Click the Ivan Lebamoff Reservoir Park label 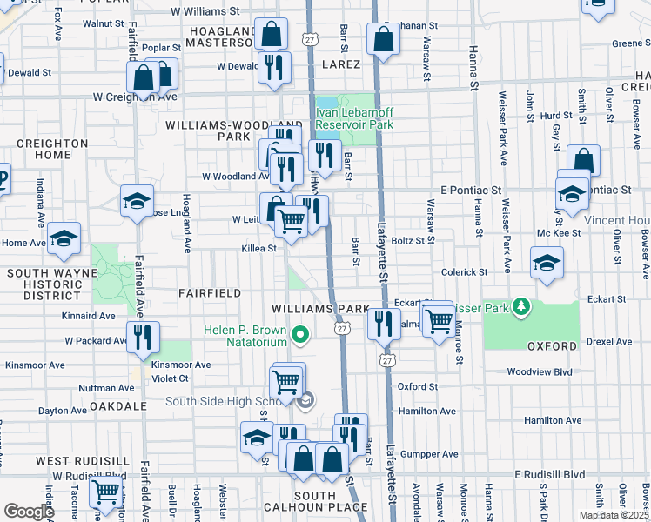pos(353,117)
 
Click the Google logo pos(28,512)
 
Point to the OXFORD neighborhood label pos(553,346)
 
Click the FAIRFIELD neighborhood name pos(210,294)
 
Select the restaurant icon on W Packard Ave pos(143,338)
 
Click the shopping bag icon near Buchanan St pos(383,40)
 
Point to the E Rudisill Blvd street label pos(549,475)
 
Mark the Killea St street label pos(258,248)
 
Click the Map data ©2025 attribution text pos(614,515)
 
